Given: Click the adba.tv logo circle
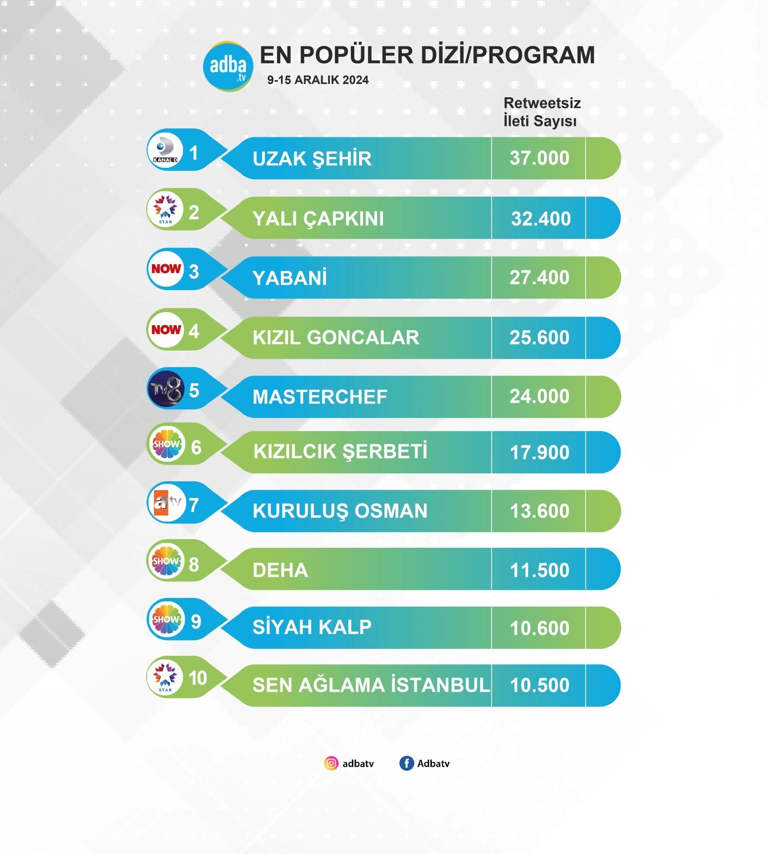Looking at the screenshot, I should tap(228, 66).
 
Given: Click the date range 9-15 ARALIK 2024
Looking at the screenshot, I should tap(318, 80).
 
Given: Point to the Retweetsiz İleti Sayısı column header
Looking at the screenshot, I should tap(541, 112).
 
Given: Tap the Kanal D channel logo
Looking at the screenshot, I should tap(166, 151).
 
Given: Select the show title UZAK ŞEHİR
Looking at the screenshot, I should tap(312, 159).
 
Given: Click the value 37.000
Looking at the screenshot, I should tap(539, 158).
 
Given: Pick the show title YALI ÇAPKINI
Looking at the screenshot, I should tap(318, 219).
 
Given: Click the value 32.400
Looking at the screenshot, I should tap(541, 218).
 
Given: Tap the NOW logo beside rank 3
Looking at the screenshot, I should tap(166, 269).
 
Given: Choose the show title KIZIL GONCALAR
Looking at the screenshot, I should tap(336, 337).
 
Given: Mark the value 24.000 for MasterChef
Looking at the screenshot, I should tap(539, 397).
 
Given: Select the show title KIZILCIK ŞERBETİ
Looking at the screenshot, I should tap(340, 451).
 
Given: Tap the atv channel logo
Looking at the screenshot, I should tap(167, 503).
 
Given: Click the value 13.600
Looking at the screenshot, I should tap(539, 511).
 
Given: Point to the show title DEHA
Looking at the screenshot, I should tap(280, 570).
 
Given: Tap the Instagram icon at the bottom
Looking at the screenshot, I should tap(331, 764).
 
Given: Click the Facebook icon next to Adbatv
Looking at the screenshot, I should tap(406, 764).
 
